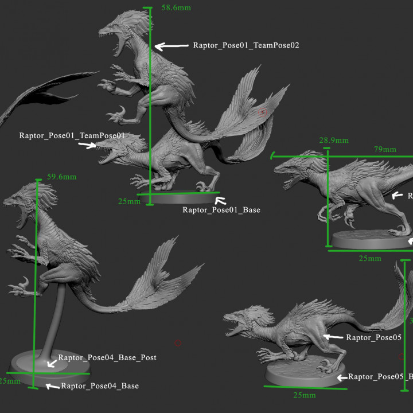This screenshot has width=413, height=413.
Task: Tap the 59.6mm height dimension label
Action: pos(61,177)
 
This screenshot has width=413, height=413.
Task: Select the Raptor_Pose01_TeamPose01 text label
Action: pos(72,136)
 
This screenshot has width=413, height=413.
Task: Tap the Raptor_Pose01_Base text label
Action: pos(221,210)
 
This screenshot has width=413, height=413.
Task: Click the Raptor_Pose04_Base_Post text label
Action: pos(107,358)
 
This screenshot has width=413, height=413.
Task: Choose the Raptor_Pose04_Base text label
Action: pos(100,386)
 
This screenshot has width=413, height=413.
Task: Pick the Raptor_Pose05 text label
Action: pos(372,338)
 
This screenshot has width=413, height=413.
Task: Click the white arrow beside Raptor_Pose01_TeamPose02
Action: pos(172,46)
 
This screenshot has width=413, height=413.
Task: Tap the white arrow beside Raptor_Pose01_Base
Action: pos(221,200)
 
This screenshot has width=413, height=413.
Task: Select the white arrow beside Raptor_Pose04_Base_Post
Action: pos(52,362)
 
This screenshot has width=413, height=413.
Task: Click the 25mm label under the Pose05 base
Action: pos(305,395)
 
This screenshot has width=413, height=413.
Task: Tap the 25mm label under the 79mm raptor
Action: pos(370,258)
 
